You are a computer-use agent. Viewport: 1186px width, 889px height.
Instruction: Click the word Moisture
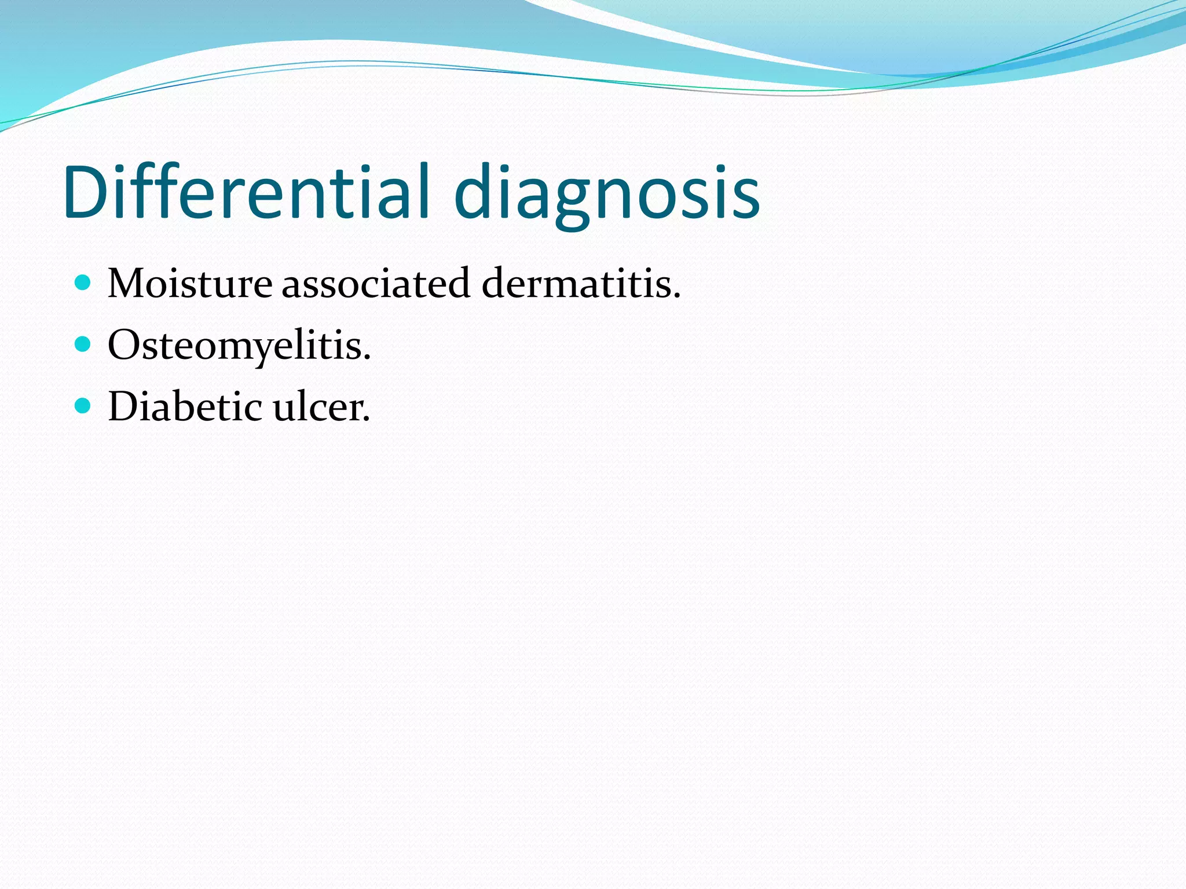pyautogui.click(x=190, y=284)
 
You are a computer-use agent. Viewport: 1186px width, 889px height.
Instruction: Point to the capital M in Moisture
pyautogui.click(x=129, y=284)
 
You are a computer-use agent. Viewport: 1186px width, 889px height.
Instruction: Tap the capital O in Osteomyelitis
pyautogui.click(x=123, y=345)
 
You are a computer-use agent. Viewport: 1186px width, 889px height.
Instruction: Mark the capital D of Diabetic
pyautogui.click(x=123, y=406)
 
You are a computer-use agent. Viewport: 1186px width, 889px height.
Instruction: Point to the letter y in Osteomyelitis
pyautogui.click(x=266, y=350)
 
